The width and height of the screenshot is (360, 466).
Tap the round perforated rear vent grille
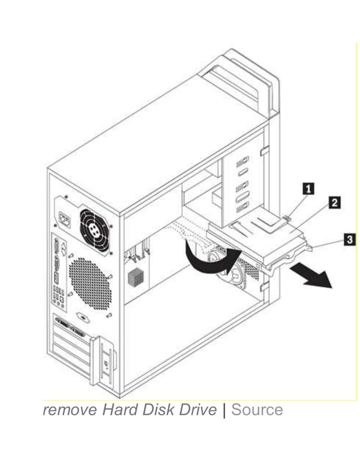pyautogui.click(x=89, y=283)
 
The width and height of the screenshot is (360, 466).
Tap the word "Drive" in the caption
pyautogui.click(x=197, y=410)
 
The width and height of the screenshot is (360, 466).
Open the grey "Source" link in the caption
pyautogui.click(x=257, y=410)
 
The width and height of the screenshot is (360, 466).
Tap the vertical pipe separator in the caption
pyautogui.click(x=224, y=410)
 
